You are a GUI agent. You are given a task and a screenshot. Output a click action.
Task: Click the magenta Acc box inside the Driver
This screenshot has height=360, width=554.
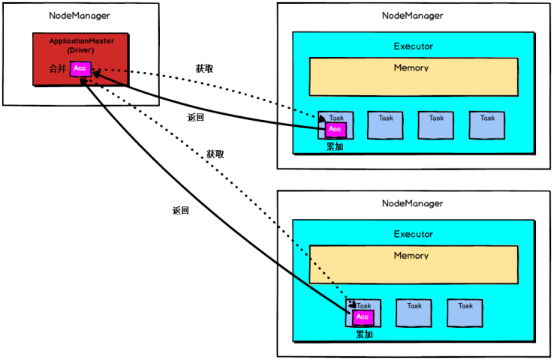point(80,69)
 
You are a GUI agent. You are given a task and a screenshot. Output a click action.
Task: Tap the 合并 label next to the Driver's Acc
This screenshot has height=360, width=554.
point(58,68)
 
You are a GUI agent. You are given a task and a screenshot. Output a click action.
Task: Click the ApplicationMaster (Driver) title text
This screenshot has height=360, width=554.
point(81,46)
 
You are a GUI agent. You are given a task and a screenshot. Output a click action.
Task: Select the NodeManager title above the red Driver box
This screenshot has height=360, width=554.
point(80,16)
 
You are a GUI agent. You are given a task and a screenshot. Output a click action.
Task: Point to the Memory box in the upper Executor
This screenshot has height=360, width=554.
point(414,77)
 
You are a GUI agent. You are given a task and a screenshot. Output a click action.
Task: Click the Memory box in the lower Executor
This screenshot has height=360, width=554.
point(414,265)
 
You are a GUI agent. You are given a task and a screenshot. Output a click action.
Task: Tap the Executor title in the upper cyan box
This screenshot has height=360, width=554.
point(414,46)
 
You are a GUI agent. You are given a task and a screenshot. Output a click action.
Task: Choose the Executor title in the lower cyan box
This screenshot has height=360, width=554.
point(414,234)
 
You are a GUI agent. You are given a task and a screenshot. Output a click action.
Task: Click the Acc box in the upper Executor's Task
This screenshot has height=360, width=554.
point(336,129)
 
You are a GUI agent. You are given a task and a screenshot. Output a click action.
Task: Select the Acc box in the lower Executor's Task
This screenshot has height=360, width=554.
point(363,317)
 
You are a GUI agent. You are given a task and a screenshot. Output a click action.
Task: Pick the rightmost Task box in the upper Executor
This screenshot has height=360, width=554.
point(487,125)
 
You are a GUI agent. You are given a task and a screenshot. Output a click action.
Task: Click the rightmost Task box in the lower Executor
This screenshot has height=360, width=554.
point(465,313)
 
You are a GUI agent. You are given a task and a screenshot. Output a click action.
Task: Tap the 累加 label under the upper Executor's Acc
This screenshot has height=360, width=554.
point(335,146)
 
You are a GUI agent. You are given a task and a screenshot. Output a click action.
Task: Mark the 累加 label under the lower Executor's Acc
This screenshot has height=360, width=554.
point(364,334)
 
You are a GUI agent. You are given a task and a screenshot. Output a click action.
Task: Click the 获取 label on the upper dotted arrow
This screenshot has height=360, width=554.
point(205,68)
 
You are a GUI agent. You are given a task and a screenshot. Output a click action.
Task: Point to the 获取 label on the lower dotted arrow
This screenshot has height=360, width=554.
point(215,154)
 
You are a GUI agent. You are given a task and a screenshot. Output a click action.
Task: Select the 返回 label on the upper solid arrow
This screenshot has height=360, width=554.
point(196,117)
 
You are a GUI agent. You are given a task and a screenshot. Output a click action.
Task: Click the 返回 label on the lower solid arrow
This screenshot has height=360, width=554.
point(181,210)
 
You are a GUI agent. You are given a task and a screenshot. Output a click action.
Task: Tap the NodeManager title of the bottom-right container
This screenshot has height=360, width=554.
point(412,203)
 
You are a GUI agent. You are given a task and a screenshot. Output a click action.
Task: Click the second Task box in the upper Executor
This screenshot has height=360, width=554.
point(385,125)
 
